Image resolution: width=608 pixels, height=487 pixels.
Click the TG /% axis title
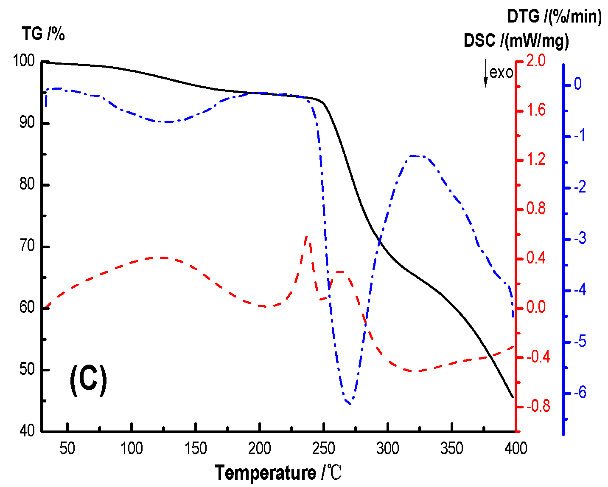[x=44, y=34]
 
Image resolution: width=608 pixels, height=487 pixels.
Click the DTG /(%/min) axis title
[x=554, y=17]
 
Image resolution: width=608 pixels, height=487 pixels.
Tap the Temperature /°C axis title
[x=278, y=473]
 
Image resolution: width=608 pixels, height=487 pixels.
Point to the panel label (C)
[x=88, y=379]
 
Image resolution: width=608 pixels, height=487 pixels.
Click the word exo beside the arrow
[x=501, y=73]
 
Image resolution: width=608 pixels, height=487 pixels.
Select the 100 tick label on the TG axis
[x=24, y=61]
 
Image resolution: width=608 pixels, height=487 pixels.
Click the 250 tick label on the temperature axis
[x=323, y=448]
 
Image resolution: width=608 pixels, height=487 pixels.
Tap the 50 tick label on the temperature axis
[x=67, y=448]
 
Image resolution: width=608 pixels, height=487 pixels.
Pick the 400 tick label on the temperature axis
[x=515, y=448]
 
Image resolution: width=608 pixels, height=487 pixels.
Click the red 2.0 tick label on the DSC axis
[x=536, y=61]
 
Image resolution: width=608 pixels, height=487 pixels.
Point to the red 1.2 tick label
[x=536, y=159]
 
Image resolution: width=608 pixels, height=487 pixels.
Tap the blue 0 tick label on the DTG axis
[x=577, y=84]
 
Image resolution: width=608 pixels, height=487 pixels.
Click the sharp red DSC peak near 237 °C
[x=307, y=236]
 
